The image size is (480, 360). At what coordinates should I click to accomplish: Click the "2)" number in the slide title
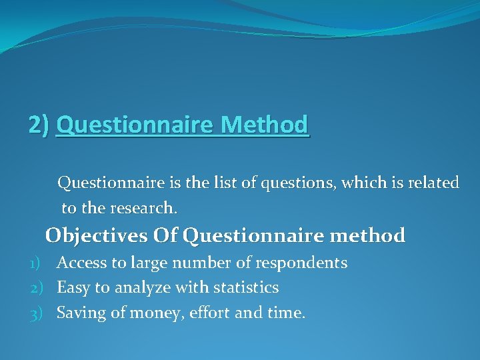tap(39, 125)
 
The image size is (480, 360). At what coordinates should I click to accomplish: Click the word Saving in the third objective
tap(79, 313)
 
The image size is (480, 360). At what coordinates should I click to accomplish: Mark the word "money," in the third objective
tap(149, 313)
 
